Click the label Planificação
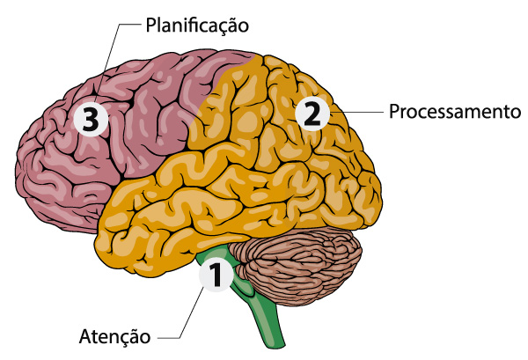tap(196, 25)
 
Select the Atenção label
tap(115, 335)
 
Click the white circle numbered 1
tap(216, 276)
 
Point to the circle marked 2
tap(312, 114)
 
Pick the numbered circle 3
tap(90, 120)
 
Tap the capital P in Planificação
tap(149, 25)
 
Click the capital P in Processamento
tap(393, 113)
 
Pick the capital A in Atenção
tap(84, 335)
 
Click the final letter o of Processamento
tap(518, 114)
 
